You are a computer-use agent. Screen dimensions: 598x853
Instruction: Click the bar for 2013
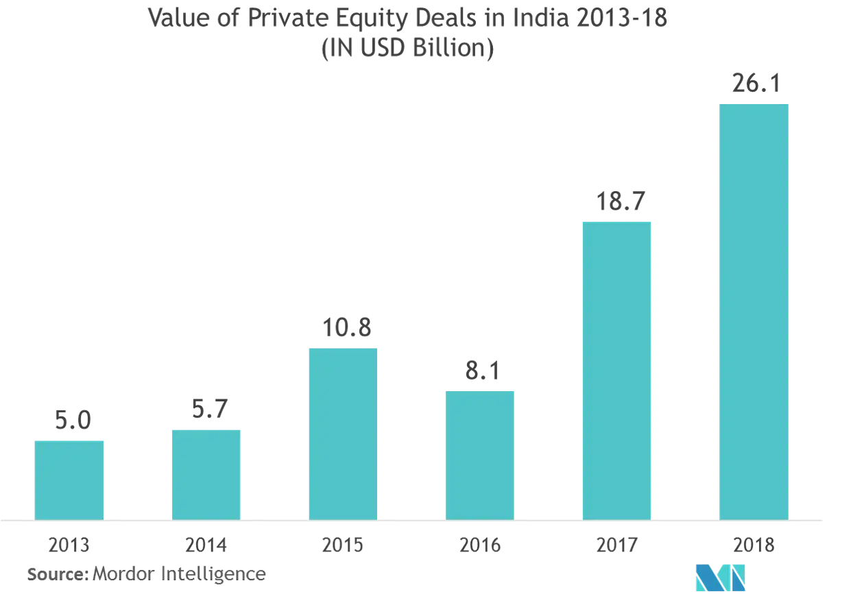[x=69, y=478]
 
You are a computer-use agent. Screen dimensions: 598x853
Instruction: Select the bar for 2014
[x=206, y=473]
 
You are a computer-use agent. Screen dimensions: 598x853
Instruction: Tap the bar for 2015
[x=343, y=432]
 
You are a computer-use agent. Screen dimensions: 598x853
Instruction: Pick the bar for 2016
[x=480, y=453]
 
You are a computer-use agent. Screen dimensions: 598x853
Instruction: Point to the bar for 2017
[x=617, y=369]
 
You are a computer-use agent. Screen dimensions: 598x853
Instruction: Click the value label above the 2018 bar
[x=754, y=84]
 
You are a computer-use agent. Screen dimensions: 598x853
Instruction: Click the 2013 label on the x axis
[x=69, y=546]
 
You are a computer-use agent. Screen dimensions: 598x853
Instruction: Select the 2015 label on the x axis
[x=343, y=546]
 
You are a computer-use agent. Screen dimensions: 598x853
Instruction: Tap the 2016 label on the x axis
[x=480, y=546]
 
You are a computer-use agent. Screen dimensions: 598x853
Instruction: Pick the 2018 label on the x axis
[x=754, y=546]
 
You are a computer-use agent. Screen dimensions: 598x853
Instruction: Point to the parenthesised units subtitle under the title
[x=407, y=51]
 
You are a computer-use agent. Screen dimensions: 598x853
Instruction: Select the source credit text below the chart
[x=147, y=574]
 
